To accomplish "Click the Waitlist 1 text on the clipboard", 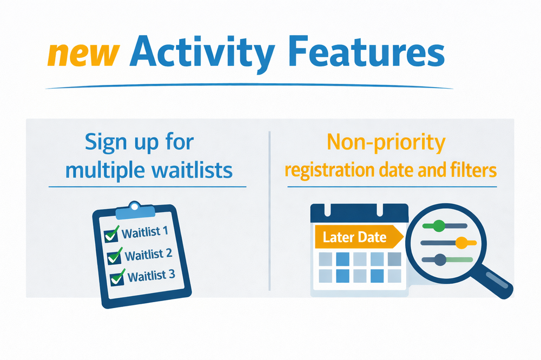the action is tap(145, 232).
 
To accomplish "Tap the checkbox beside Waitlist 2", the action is tap(114, 257).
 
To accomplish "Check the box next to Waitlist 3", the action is tap(117, 278).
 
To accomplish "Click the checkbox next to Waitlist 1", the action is tap(111, 235).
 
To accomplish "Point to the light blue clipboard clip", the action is tap(135, 210).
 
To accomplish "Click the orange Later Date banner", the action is tap(359, 237).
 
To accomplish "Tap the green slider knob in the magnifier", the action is tap(439, 226).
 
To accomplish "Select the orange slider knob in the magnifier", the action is tap(461, 243).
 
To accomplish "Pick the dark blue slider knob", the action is tap(440, 259).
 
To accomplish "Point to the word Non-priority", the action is tap(386, 143).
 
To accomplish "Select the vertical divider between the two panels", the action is tap(269, 211).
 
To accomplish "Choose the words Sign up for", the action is tap(140, 142).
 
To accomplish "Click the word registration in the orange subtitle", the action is tap(329, 171).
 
